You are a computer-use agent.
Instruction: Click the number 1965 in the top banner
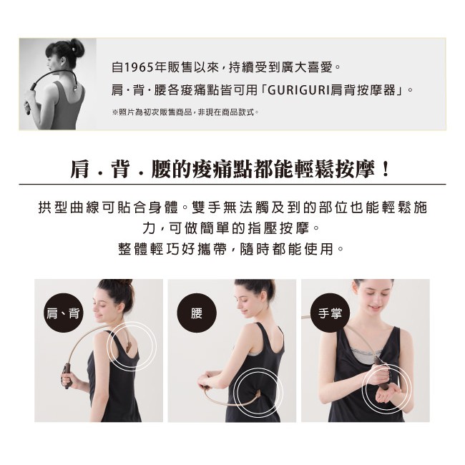pos(139,68)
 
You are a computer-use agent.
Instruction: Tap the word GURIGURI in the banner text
pos(299,89)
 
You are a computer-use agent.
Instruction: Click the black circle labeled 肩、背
pos(63,313)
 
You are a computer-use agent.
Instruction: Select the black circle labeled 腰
pos(197,313)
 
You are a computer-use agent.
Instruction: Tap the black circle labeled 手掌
pos(330,313)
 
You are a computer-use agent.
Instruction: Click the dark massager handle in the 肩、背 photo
pos(67,376)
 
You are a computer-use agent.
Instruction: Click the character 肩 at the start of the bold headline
pos(79,170)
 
